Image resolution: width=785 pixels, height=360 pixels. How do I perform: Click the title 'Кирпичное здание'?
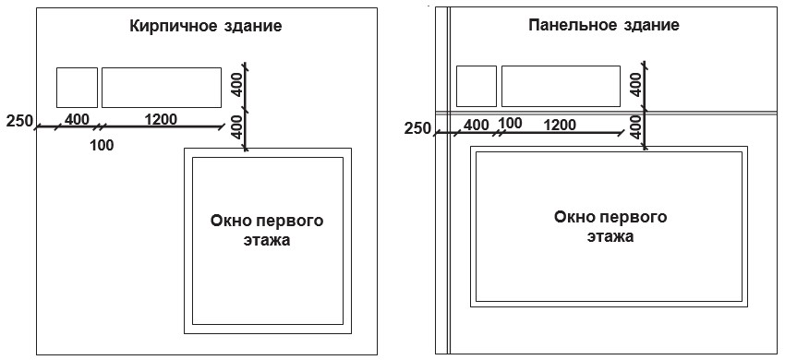(206, 27)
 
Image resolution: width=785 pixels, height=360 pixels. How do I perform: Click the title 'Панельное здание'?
(604, 26)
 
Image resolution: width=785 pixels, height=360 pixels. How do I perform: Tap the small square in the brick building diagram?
(77, 88)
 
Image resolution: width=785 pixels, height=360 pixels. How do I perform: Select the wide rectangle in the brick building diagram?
(162, 88)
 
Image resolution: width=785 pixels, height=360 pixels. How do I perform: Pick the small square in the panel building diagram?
(477, 86)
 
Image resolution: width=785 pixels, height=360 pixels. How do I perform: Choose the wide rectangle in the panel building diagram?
(561, 86)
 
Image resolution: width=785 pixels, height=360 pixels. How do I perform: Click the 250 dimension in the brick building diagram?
(19, 121)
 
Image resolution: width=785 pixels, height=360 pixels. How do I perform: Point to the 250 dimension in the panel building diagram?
(417, 128)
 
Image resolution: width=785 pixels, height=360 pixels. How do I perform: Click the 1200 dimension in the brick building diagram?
(161, 120)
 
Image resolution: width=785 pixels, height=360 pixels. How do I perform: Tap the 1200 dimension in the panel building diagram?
(560, 125)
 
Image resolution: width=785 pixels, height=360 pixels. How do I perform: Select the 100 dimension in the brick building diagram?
(102, 146)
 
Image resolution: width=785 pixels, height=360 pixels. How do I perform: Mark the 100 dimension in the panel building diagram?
(510, 123)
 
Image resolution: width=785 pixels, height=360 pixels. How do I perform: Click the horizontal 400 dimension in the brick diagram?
(77, 120)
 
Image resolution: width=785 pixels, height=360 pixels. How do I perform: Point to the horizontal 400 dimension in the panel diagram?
(477, 125)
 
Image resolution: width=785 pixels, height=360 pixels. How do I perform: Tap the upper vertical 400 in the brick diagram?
(238, 85)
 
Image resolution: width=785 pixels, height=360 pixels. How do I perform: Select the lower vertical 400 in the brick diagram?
(238, 126)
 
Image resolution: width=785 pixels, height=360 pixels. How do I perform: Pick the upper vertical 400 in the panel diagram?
(637, 84)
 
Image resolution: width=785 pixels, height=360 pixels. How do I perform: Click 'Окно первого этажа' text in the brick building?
(267, 230)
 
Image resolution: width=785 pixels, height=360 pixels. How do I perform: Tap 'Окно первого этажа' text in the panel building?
(610, 226)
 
